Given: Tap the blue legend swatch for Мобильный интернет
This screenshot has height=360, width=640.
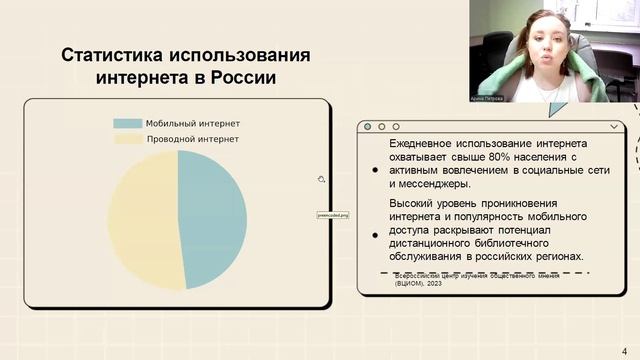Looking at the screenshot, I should [127, 123].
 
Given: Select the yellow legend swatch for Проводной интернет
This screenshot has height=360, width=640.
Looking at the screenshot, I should [127, 139].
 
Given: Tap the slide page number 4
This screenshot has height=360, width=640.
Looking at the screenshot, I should [625, 351].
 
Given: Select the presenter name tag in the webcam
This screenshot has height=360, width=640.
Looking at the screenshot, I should [488, 98].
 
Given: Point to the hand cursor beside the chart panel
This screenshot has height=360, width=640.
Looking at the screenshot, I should [321, 179].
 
